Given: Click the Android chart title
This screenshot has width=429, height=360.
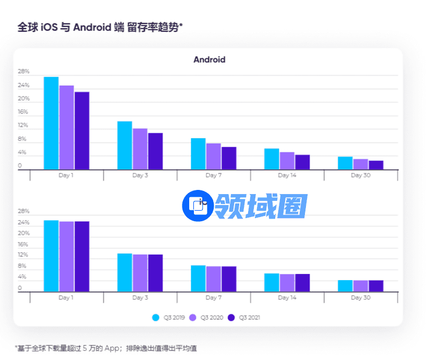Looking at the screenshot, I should (x=209, y=59).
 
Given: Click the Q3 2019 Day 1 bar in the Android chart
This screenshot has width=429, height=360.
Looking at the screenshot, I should (x=51, y=123).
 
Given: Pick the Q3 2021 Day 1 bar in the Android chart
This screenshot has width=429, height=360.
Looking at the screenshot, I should (x=82, y=130).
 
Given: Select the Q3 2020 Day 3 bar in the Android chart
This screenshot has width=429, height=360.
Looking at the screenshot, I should (x=140, y=149).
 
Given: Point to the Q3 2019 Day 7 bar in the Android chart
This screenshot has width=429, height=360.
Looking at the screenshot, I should (x=198, y=153).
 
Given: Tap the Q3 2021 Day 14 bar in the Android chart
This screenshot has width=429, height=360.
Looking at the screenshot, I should (x=302, y=162).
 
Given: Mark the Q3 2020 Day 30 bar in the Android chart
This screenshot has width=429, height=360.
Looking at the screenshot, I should (x=360, y=164).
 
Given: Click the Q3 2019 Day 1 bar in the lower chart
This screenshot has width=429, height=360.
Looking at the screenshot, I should (x=51, y=256).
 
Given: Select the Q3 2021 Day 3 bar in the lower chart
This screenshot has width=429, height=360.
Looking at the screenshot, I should (x=155, y=273).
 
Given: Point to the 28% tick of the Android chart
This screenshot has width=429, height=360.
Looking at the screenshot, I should (x=23, y=71).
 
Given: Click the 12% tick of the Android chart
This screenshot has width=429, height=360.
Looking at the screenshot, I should (x=23, y=126).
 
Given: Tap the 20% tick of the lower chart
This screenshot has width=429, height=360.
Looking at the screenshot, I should (x=23, y=233).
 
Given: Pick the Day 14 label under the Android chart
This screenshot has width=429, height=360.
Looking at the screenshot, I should (x=287, y=175).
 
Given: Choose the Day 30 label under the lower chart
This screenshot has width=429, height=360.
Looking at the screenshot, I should (x=360, y=297).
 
